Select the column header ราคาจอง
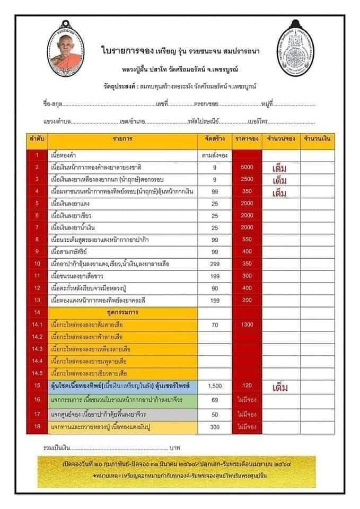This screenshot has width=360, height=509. [247, 139]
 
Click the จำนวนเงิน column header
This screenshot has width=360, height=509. [317, 139]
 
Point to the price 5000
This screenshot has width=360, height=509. [247, 168]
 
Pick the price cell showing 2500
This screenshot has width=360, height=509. [247, 180]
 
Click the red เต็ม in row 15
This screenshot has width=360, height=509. [279, 387]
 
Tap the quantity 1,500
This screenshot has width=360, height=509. [215, 387]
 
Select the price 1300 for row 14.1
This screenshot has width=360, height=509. [247, 324]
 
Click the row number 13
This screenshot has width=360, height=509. [38, 300]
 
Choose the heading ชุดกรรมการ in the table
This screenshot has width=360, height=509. [123, 312]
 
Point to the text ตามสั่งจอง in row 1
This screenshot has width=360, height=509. [215, 156]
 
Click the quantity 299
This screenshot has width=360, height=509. [215, 264]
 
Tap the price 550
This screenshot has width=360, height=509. [247, 240]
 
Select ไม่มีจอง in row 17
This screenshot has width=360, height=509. [247, 414]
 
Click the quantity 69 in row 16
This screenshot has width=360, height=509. [215, 400]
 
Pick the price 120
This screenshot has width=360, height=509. [247, 387]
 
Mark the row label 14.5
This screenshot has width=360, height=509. [38, 373]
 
